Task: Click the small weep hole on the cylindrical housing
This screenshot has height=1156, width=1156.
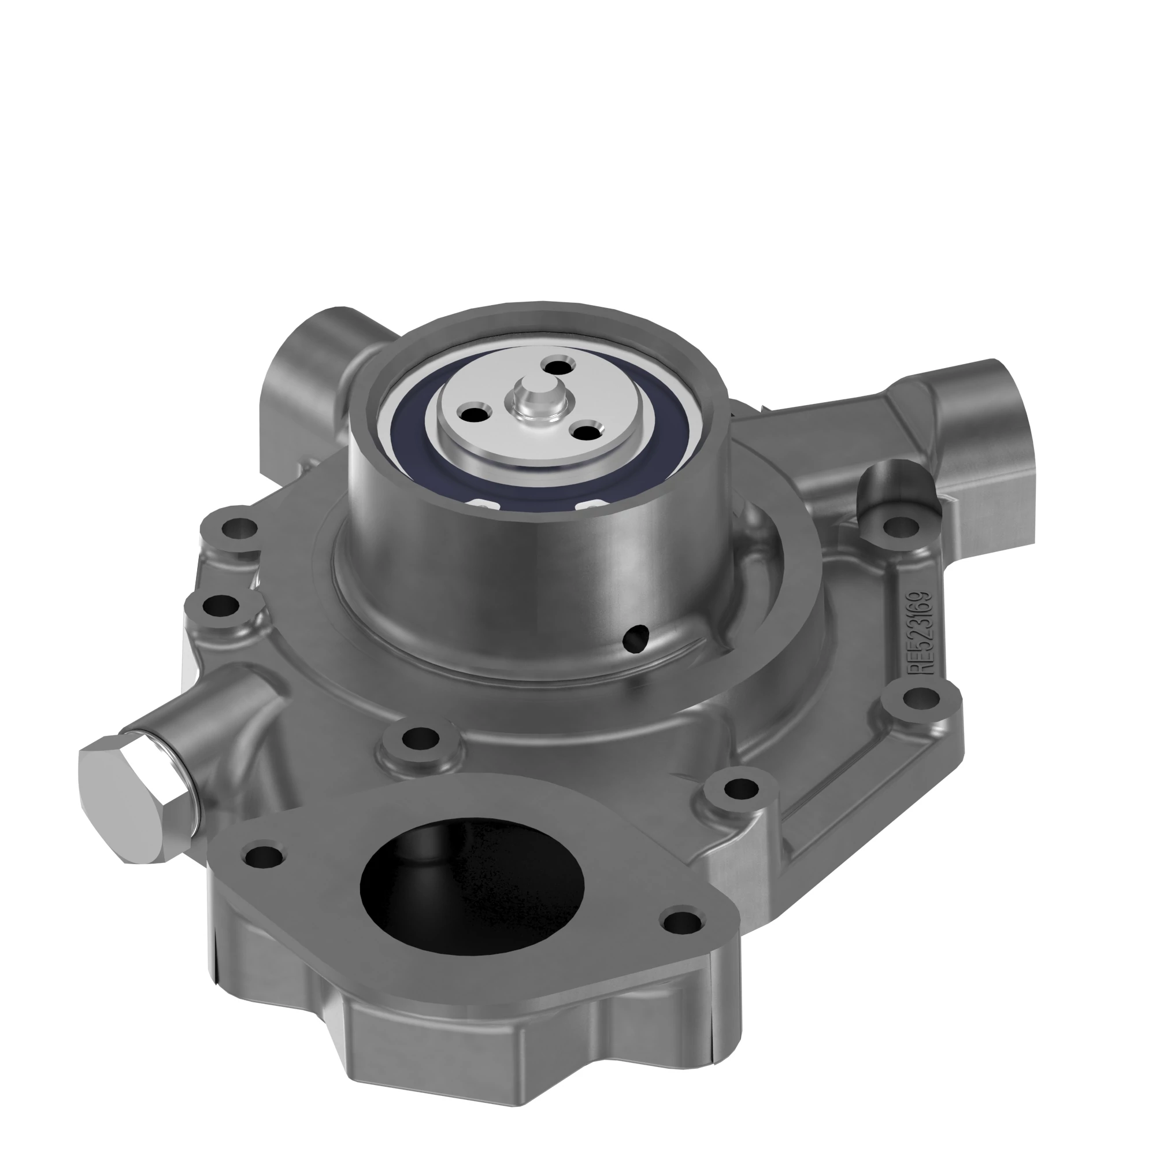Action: click(636, 640)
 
